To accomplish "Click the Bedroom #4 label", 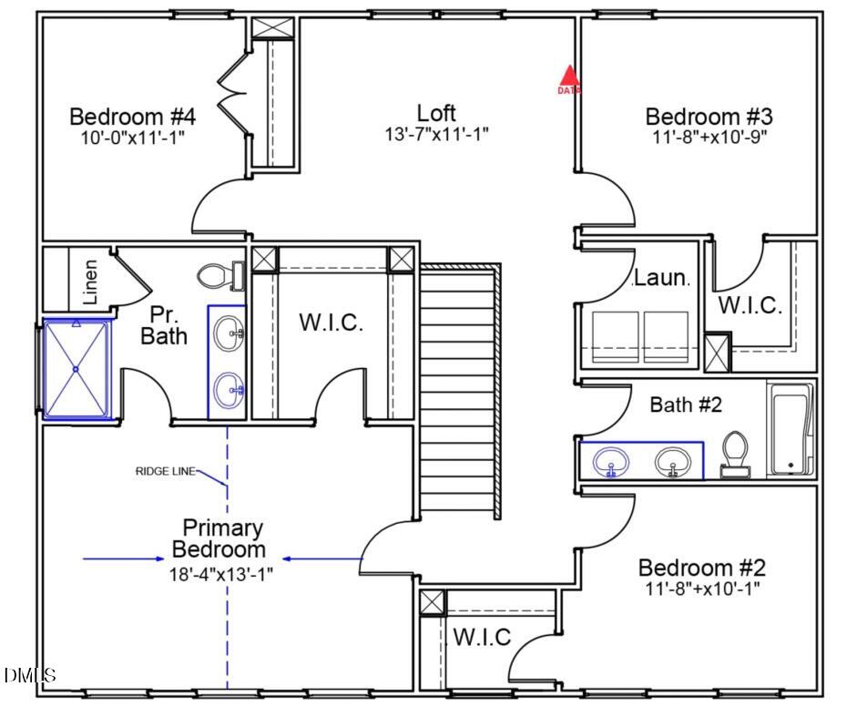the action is coord(132,117).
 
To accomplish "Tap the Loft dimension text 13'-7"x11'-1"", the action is coord(437,134).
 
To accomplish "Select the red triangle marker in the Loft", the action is coord(569,76).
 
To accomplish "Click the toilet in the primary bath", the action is coord(220,276).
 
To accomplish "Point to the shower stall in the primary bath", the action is coord(77,370).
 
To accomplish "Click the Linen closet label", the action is coord(90,282).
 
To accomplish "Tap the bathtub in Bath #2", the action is coord(791,429).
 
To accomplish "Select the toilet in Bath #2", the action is coord(735,454).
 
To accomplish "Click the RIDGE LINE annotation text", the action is coord(165,471).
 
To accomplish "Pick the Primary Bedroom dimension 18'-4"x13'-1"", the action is coord(220,574).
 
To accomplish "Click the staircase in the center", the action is coord(460,391).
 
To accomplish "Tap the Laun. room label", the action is coord(662,278).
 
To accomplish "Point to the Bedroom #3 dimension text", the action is coord(709,137).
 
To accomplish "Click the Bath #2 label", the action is coord(686,405).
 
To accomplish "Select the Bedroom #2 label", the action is coord(702,568).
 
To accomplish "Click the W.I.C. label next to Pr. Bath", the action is coord(332,322).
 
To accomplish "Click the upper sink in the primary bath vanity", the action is coord(229,333).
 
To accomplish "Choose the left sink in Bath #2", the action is coord(611,463).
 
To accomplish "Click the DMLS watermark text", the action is coord(30,675).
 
